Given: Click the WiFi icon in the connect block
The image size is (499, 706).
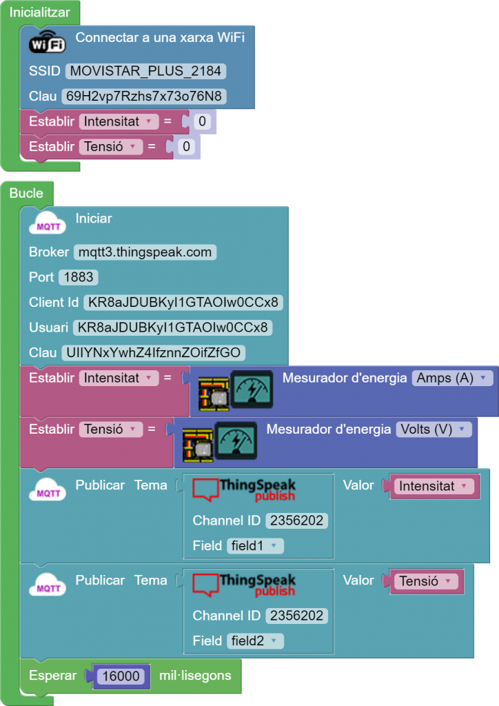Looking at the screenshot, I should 47,43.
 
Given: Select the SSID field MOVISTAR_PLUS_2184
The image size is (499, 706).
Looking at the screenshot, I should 145,71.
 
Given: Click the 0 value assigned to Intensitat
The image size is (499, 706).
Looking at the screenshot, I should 202,122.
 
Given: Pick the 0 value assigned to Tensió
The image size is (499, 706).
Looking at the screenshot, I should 186,147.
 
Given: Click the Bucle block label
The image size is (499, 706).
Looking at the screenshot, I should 26,194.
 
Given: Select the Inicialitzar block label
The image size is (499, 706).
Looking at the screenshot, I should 39,12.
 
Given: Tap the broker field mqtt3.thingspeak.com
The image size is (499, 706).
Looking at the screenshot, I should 145,252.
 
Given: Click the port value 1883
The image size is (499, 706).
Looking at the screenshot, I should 79,277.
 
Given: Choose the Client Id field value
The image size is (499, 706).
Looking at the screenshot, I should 183,303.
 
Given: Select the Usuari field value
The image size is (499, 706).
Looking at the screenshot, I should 172,327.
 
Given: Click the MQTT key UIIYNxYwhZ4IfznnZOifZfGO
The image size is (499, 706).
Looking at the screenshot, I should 153,353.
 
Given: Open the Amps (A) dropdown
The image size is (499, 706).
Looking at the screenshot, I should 453,379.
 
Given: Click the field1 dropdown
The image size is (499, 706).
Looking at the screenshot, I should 255,546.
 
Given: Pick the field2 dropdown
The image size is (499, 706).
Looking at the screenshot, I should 255,641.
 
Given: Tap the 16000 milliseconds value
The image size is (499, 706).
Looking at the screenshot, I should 121,676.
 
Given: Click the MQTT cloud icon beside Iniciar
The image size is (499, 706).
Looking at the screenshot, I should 47,223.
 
